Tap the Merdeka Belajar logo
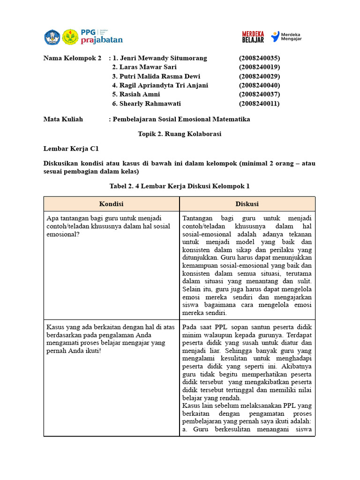click(253, 37)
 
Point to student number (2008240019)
click(259, 67)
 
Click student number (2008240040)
click(259, 85)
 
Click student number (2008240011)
click(259, 104)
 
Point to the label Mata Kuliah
click(63, 119)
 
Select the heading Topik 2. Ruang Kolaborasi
click(180, 134)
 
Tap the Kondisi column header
click(111, 204)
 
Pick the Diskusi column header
click(247, 204)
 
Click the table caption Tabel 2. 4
click(180, 186)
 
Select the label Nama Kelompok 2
click(72, 58)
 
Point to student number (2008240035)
click(259, 58)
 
